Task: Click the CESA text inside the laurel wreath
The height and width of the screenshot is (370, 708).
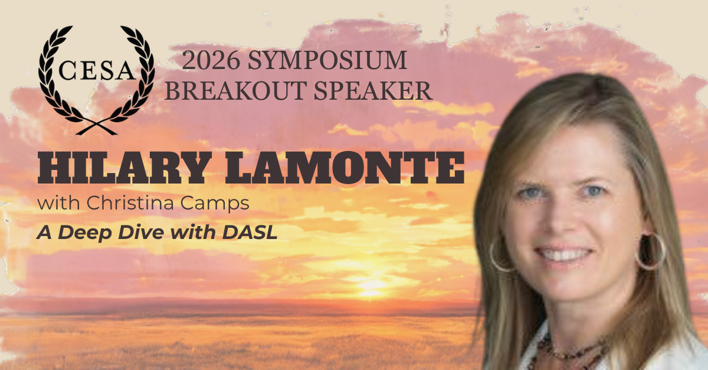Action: [97, 70]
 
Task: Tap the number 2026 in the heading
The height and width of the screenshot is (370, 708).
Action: [211, 60]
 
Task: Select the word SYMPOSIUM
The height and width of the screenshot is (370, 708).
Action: [327, 60]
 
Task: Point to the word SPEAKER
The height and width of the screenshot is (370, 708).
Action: [373, 90]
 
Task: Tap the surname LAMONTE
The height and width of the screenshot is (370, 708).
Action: [345, 168]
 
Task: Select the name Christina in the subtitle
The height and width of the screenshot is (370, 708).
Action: [130, 203]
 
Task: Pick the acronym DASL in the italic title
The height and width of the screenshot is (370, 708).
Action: [250, 233]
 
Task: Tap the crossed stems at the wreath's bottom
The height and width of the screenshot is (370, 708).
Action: [97, 127]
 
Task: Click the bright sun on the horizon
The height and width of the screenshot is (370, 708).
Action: [370, 284]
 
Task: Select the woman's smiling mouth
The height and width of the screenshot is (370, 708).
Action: [563, 254]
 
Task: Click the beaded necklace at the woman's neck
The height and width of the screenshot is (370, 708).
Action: [569, 354]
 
